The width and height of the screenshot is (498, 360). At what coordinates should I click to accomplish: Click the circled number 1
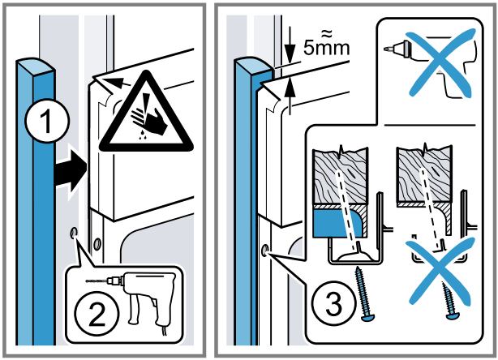tap(47, 121)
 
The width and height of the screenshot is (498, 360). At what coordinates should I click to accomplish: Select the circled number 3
tap(333, 304)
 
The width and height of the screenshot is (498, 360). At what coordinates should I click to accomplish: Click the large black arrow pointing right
tap(71, 171)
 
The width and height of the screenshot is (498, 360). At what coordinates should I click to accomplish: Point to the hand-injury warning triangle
tap(146, 113)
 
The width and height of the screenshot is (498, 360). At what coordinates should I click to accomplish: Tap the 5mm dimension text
tap(327, 45)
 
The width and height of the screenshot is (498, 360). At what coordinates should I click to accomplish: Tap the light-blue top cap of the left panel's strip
tap(35, 67)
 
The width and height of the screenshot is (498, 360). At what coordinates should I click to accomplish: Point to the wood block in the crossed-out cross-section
tap(423, 175)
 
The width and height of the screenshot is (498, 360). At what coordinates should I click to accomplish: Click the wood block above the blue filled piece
tap(341, 176)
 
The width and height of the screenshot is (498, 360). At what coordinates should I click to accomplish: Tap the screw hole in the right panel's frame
tap(264, 251)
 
